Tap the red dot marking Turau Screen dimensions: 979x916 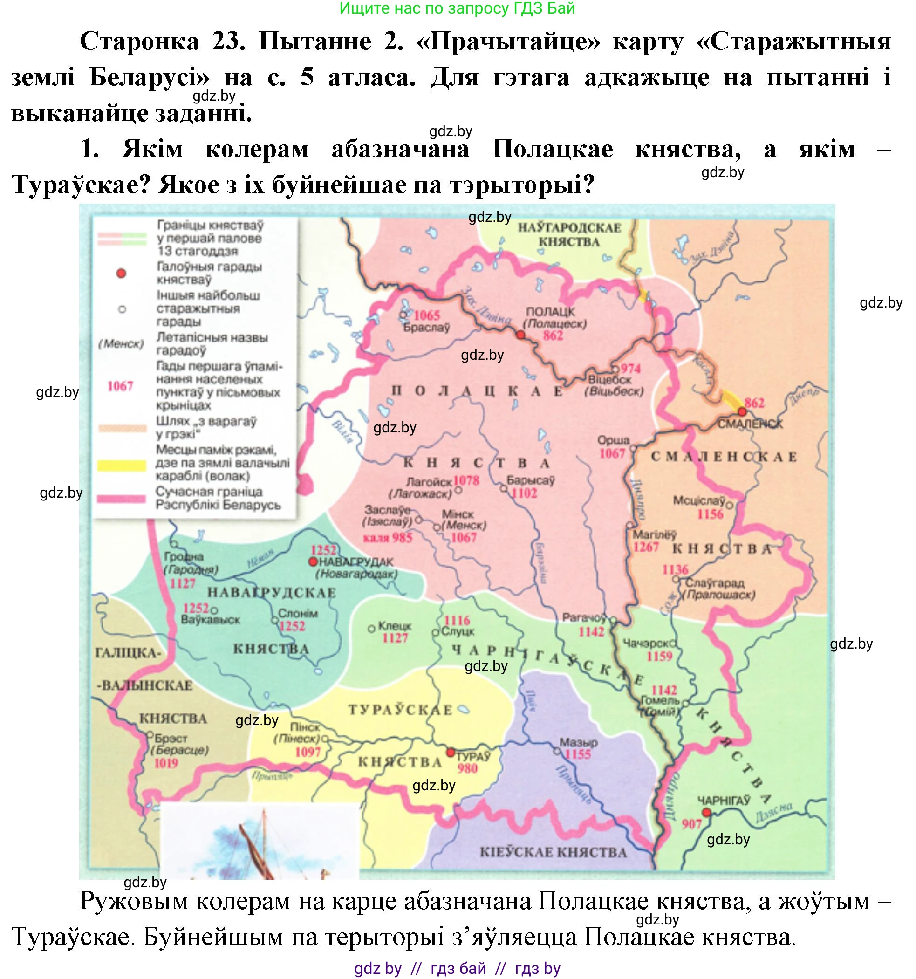450,753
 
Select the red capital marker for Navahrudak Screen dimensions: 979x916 312,562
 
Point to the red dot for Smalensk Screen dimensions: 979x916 742,412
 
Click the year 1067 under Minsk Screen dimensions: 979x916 464,538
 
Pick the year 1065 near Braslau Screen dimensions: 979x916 426,315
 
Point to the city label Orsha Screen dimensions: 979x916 613,440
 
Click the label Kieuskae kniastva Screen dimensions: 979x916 553,852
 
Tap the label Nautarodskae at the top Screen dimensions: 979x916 569,228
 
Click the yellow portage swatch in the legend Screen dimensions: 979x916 121,466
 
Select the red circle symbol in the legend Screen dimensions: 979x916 121,274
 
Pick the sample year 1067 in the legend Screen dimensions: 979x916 120,386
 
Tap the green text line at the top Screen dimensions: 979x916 457,8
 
